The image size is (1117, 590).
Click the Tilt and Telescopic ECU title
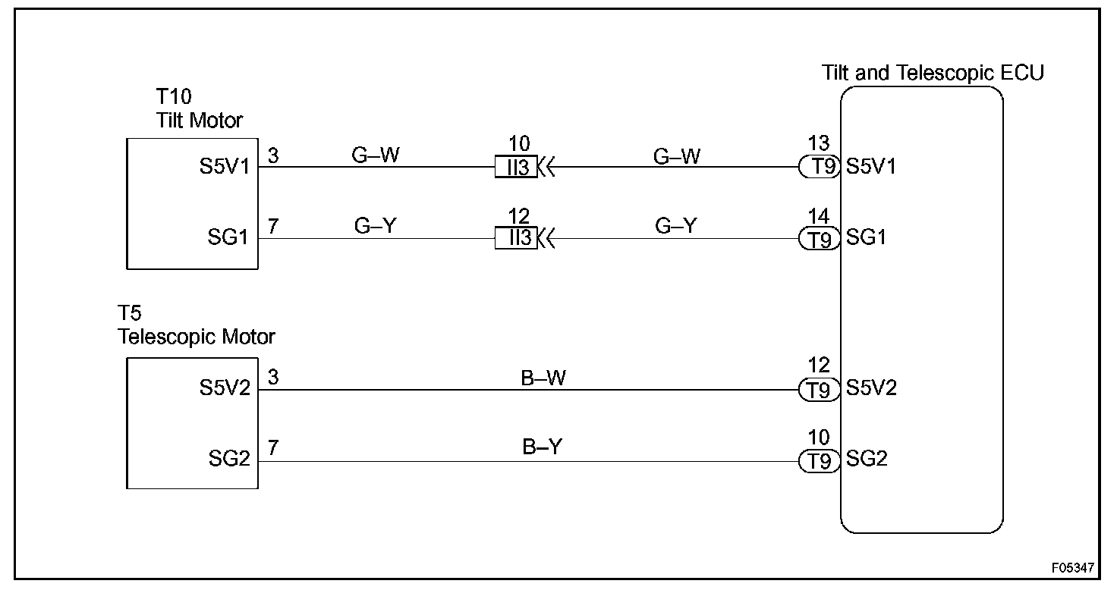click(x=933, y=74)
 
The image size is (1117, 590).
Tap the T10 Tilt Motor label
click(x=199, y=109)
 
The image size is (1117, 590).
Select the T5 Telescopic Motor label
click(x=196, y=325)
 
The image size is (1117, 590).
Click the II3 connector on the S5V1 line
click(x=516, y=167)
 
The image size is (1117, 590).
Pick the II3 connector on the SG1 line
click(x=516, y=239)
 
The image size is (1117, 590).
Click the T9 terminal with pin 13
click(x=820, y=167)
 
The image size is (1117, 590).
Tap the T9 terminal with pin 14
click(x=820, y=240)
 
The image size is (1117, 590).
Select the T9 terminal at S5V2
click(x=820, y=390)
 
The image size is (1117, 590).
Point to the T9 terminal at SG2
click(x=820, y=461)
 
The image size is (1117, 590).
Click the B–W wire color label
click(x=543, y=377)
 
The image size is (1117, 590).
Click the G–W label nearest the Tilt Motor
click(x=375, y=155)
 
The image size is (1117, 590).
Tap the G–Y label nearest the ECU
click(x=675, y=227)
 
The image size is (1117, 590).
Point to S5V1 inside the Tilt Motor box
click(x=225, y=166)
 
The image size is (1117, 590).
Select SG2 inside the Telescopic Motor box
click(x=229, y=460)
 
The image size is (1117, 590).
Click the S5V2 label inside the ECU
click(x=871, y=388)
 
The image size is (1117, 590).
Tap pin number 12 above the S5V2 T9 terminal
click(x=819, y=366)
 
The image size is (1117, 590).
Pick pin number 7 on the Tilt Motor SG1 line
click(x=273, y=226)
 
